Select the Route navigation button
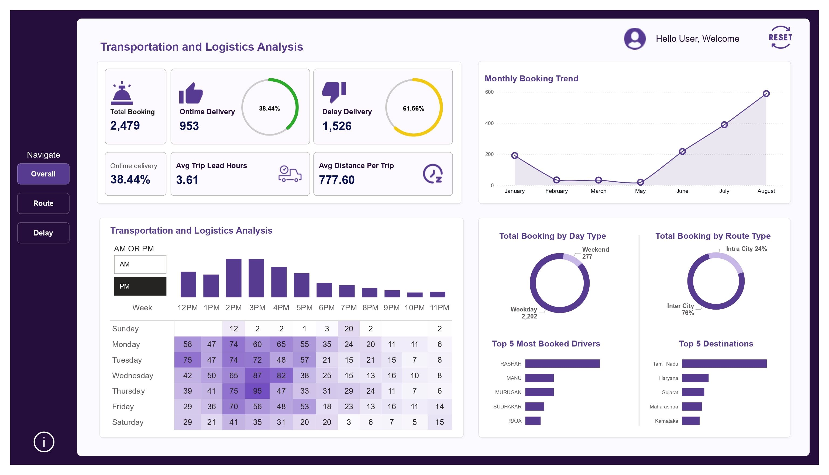(x=43, y=203)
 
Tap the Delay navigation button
(x=43, y=233)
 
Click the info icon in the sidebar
(x=44, y=442)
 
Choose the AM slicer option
(x=140, y=264)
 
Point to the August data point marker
(x=766, y=94)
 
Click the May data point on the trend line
(x=640, y=182)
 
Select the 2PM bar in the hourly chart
(x=234, y=278)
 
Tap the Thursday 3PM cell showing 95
(x=257, y=391)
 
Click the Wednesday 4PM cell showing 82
(x=281, y=376)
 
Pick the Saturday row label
(x=128, y=422)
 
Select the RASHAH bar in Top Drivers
(x=562, y=363)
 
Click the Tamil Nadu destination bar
(x=724, y=363)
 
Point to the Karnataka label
(x=666, y=421)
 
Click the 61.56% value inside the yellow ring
(x=413, y=108)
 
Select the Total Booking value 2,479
(x=125, y=125)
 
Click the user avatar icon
(x=634, y=39)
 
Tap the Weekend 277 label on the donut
(x=595, y=253)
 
